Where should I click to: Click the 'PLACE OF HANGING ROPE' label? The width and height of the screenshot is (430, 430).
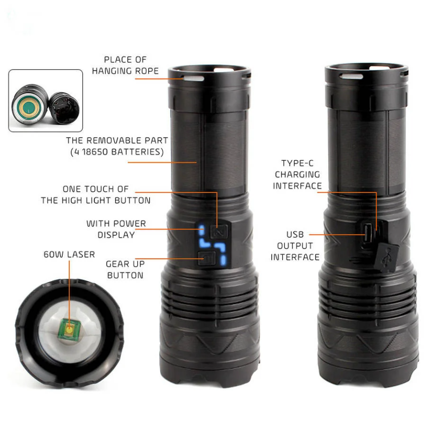pos(126,65)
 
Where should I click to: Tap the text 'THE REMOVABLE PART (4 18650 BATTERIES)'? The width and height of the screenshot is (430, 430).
pos(117,146)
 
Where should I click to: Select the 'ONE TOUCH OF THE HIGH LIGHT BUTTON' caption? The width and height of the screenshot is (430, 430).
pos(96,195)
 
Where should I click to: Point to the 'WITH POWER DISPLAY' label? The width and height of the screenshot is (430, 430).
pos(116,229)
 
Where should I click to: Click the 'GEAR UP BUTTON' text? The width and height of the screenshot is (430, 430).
pos(126,269)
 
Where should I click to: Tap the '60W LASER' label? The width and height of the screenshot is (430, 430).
pos(69,255)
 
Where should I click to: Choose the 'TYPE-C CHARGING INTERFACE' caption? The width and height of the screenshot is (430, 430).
pos(297,174)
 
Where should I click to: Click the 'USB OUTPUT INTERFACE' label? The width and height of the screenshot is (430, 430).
pos(295,246)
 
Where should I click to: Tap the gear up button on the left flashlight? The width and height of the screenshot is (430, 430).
pos(207,258)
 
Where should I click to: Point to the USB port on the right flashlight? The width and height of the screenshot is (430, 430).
pos(367,233)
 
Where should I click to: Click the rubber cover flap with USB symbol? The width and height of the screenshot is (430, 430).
pos(387,257)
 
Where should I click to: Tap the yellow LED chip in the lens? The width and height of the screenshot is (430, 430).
pos(69,329)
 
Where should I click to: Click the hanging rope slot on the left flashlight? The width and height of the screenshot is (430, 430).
pos(194,79)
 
